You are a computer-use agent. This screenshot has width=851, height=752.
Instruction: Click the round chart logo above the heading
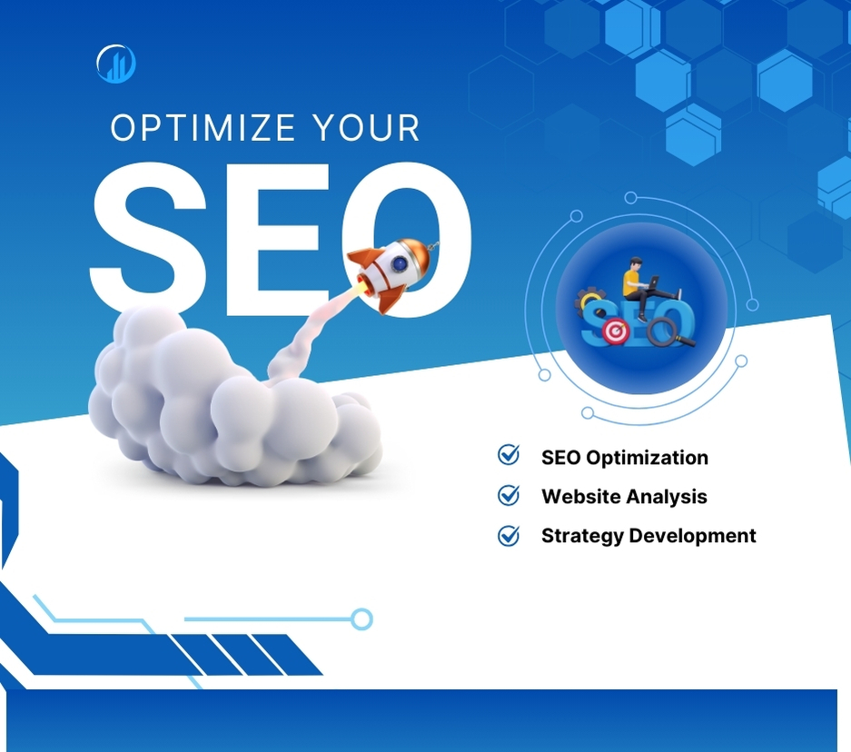click(115, 64)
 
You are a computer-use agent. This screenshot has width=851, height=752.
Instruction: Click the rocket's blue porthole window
click(399, 263)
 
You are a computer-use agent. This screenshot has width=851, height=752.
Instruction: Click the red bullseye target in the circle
click(616, 333)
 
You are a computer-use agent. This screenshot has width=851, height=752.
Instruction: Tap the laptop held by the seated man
click(654, 282)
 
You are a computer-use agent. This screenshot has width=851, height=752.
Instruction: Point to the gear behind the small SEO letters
click(589, 301)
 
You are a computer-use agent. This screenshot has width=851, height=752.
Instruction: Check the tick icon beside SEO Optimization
click(509, 456)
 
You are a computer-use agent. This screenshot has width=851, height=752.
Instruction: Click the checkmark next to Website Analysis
click(509, 496)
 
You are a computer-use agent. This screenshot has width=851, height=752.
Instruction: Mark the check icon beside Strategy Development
click(509, 536)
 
